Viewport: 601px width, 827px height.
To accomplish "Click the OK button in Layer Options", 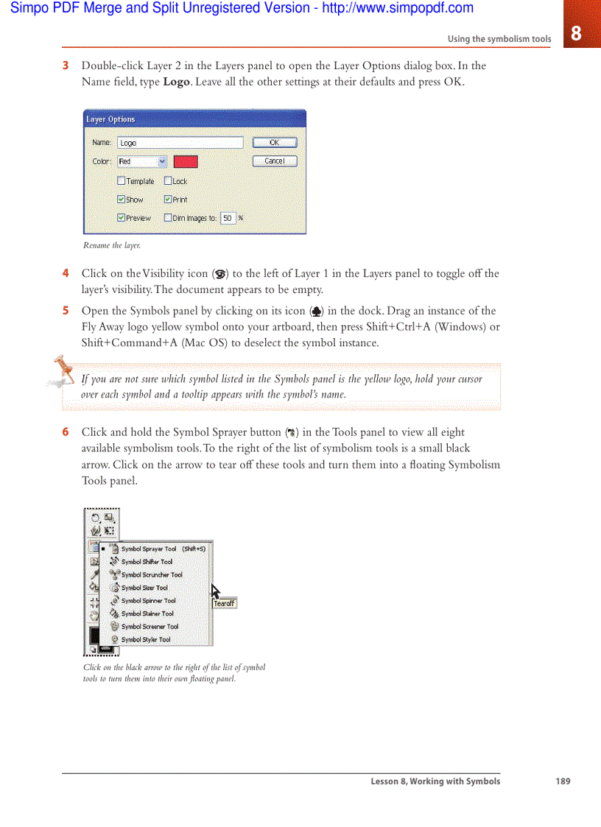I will click(x=275, y=143).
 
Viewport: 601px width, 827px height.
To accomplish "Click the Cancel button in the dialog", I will click(x=275, y=161).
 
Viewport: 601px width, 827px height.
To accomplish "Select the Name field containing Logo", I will click(x=180, y=143).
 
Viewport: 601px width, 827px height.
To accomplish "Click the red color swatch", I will click(x=186, y=161).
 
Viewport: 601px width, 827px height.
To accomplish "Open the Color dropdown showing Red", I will click(x=142, y=161).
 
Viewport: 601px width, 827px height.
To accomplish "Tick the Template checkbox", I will click(x=122, y=180).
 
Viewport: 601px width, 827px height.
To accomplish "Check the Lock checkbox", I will click(x=168, y=180).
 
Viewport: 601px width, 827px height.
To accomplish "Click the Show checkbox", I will click(x=122, y=199).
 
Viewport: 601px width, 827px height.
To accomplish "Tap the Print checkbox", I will click(x=168, y=199).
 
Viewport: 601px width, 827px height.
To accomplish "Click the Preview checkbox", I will click(x=122, y=218).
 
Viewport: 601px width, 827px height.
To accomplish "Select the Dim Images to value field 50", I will click(x=228, y=218).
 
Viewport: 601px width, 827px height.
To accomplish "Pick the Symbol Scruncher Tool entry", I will click(x=151, y=574).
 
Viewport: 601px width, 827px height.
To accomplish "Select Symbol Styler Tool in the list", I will click(x=145, y=639).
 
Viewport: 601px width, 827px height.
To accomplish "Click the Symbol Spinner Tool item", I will click(x=148, y=600).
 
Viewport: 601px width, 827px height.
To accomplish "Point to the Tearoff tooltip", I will click(x=224, y=604).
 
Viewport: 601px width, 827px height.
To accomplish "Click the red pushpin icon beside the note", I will click(x=62, y=371).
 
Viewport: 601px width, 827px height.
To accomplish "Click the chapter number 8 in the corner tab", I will click(x=576, y=33).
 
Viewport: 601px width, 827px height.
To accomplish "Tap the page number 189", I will click(x=563, y=781).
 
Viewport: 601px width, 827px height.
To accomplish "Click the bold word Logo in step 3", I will click(x=177, y=82).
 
